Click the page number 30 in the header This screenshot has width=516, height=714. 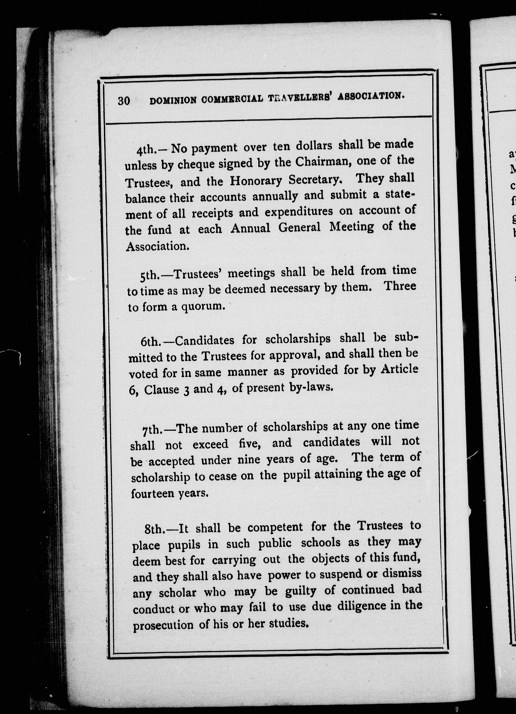[x=124, y=100]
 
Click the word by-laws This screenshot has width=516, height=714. [x=311, y=387]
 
